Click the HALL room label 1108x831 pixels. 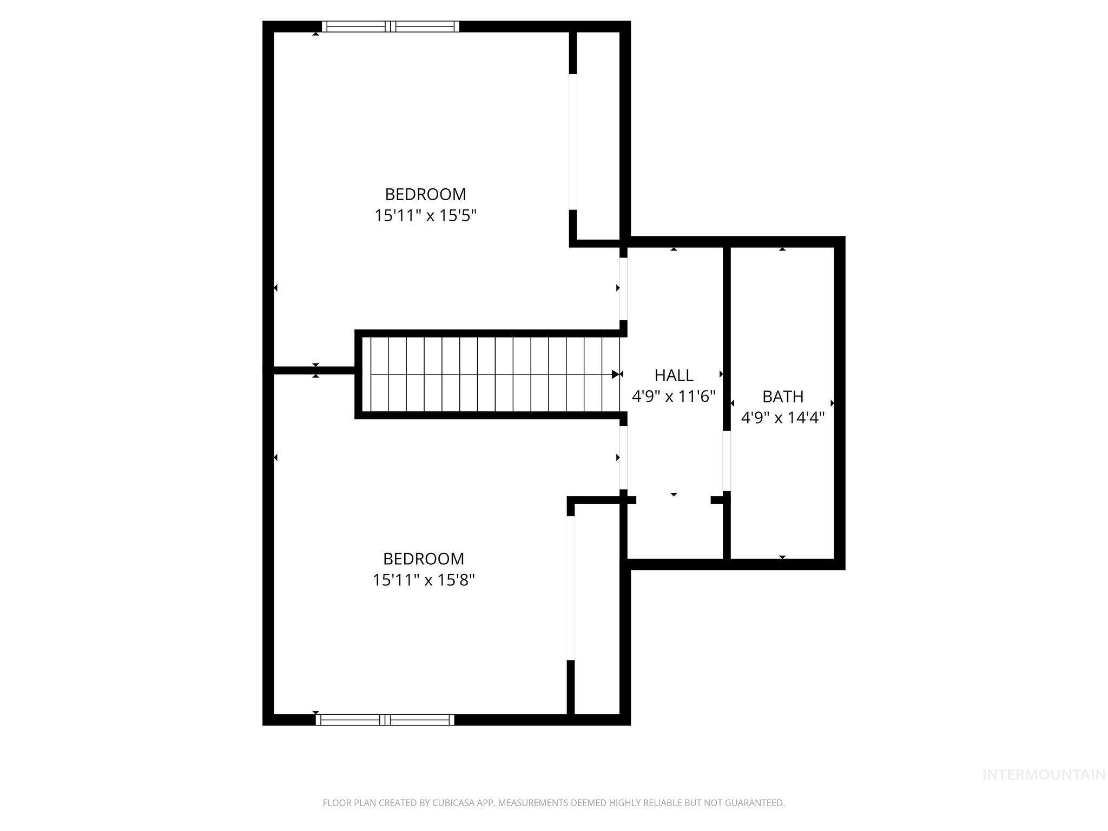[x=674, y=375]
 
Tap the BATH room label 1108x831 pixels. [x=782, y=397]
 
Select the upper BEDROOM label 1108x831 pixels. [x=425, y=194]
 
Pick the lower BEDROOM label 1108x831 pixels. [x=424, y=558]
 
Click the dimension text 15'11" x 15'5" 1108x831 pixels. [x=425, y=216]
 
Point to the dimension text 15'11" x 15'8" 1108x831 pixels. [x=424, y=581]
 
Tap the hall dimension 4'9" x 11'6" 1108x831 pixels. [x=674, y=397]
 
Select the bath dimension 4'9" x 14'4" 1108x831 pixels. [x=782, y=418]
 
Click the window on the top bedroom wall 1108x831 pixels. [x=390, y=27]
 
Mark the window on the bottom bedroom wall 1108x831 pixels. [x=385, y=720]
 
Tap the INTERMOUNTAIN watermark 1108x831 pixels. [x=1044, y=775]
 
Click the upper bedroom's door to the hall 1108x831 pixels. [x=623, y=288]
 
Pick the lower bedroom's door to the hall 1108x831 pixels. [x=623, y=458]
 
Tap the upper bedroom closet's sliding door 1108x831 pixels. [x=572, y=141]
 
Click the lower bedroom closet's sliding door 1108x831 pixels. [x=570, y=588]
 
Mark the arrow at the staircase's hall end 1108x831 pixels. [x=616, y=374]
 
